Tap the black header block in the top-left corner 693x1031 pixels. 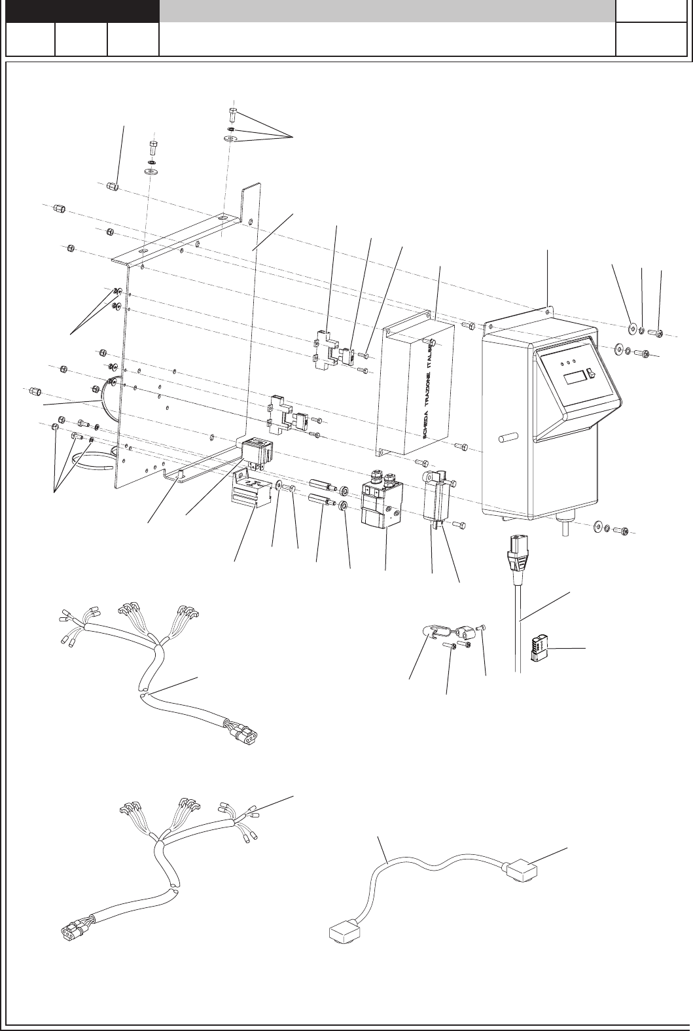[x=82, y=11]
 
